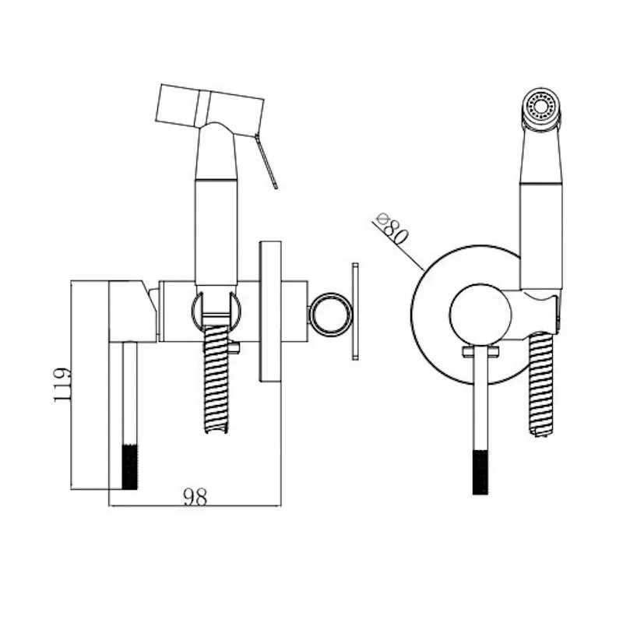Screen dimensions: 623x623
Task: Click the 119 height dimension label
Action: click(x=63, y=385)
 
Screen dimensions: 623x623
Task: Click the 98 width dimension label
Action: click(x=195, y=497)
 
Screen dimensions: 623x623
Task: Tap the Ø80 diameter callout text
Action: click(x=391, y=229)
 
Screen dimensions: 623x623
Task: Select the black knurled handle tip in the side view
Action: click(x=129, y=466)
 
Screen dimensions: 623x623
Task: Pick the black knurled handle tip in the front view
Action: click(x=480, y=473)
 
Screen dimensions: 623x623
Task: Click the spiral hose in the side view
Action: click(x=216, y=379)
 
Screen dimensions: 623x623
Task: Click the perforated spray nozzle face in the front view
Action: click(x=540, y=106)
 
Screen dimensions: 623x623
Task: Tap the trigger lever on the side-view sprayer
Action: click(x=266, y=161)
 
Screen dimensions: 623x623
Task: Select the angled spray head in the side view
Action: click(x=209, y=106)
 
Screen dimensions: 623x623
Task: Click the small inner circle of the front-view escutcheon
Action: click(x=480, y=315)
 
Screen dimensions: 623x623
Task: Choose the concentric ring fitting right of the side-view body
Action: click(x=330, y=314)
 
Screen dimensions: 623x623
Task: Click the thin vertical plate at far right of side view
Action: click(x=355, y=311)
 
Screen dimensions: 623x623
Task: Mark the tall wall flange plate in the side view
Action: click(x=270, y=311)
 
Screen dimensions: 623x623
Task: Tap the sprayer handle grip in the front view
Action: click(x=541, y=235)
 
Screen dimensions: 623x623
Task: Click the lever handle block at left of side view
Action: click(x=132, y=311)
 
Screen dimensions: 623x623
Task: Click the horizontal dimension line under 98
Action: click(x=195, y=505)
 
